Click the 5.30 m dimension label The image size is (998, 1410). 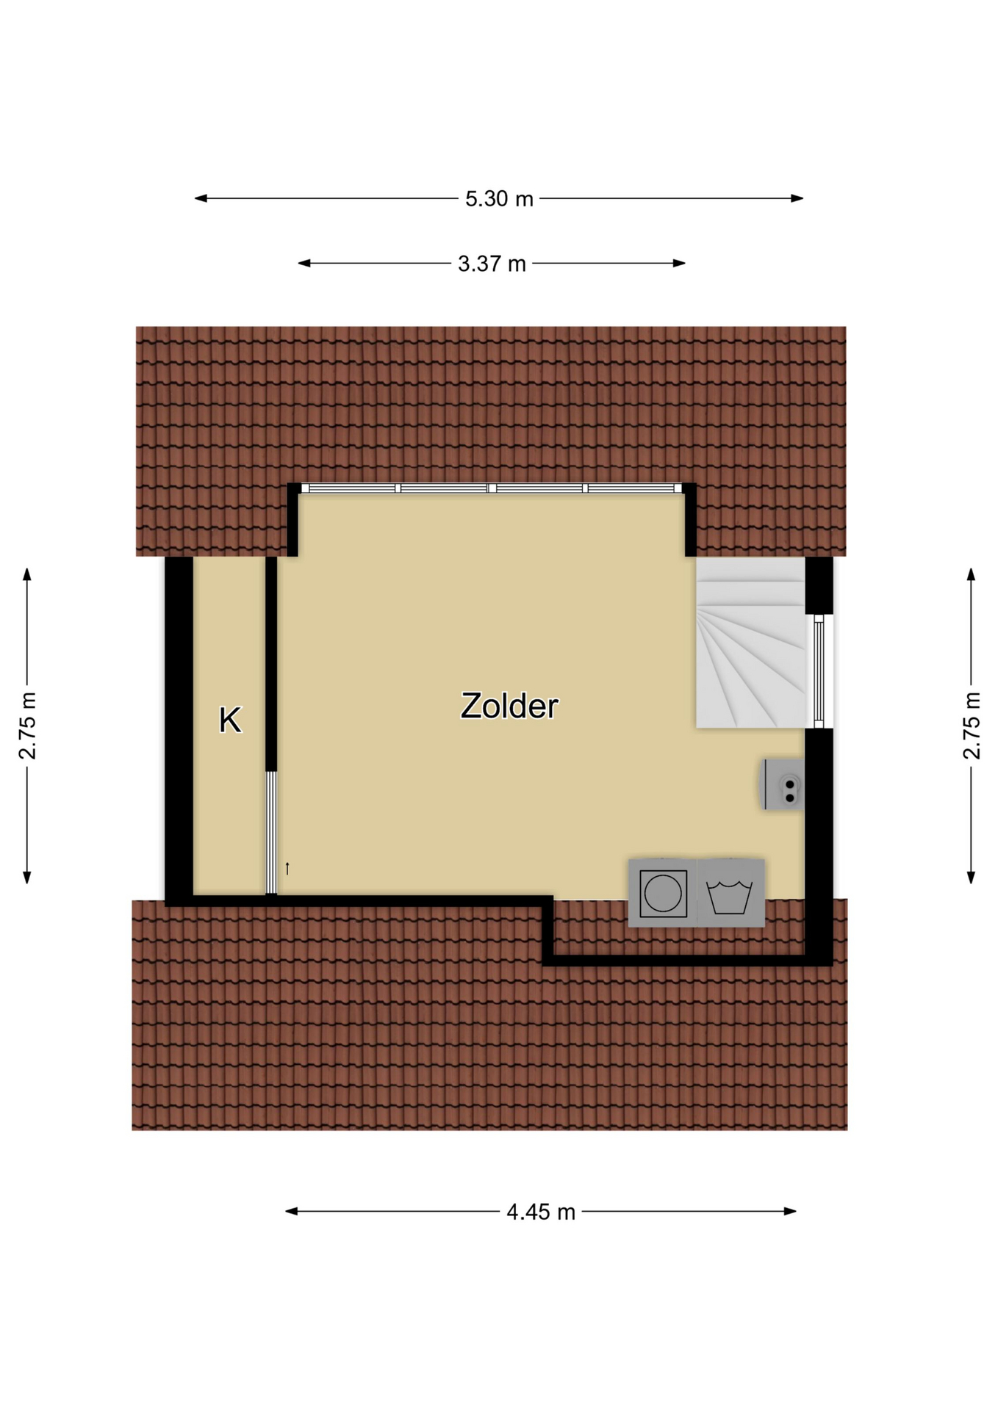point(499,198)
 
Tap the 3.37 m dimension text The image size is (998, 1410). point(492,264)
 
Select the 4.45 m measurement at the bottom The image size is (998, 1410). point(541,1212)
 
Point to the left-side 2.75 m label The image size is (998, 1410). point(27,726)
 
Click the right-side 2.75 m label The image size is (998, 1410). point(971,726)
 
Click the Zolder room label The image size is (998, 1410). point(509,706)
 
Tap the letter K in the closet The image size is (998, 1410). point(230,720)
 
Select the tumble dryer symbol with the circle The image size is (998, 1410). point(663,893)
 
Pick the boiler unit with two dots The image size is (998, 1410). point(783,784)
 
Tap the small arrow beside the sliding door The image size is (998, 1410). point(287,868)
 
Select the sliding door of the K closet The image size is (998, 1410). point(271,832)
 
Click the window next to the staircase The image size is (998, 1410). point(819,671)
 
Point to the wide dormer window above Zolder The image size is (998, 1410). point(492,488)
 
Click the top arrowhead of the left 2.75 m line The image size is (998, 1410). point(27,574)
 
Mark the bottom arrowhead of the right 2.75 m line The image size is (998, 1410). point(971,877)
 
